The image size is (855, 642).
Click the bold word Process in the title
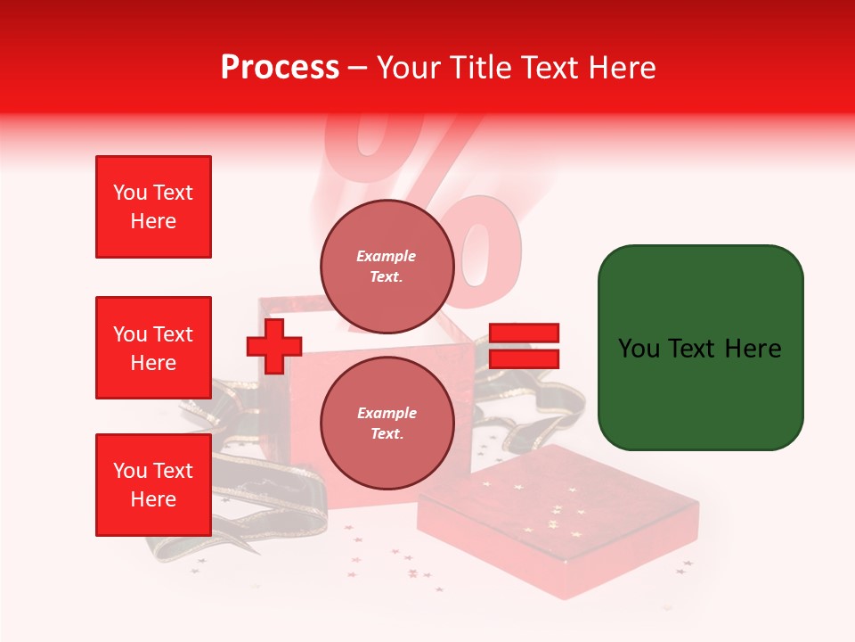[x=280, y=67]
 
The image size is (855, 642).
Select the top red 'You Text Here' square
[x=153, y=207]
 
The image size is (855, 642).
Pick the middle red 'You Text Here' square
[x=153, y=348]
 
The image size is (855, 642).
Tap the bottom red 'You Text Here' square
[x=153, y=485]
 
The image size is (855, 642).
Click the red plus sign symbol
[x=274, y=346]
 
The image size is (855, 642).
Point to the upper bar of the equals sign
[x=524, y=333]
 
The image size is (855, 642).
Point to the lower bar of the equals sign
[x=524, y=358]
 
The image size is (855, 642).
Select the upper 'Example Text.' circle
[x=387, y=266]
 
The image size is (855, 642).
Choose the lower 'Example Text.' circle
[x=387, y=423]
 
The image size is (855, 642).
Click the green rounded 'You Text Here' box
[x=700, y=348]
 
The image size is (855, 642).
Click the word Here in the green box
[x=752, y=348]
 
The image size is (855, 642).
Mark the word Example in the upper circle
[x=387, y=256]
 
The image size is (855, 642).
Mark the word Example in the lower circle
[x=387, y=413]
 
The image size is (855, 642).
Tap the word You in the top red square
[x=130, y=193]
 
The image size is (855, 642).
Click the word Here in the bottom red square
[x=153, y=499]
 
